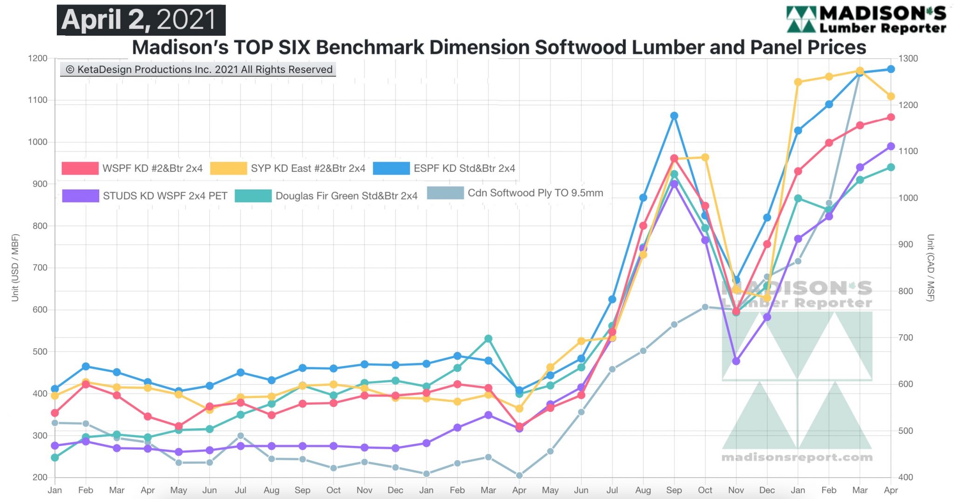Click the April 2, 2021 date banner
[x=141, y=20]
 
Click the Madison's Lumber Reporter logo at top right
[x=866, y=20]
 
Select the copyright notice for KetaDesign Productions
[x=198, y=70]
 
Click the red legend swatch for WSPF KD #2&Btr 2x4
[x=80, y=168]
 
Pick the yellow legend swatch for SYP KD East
[x=228, y=168]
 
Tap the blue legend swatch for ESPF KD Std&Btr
[x=391, y=168]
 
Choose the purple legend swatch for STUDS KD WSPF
[x=81, y=196]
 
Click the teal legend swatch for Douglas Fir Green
[x=253, y=196]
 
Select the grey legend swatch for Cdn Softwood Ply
[x=445, y=193]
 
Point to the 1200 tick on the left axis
[x=38, y=59]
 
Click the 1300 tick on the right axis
[x=908, y=59]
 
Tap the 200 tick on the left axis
[x=40, y=477]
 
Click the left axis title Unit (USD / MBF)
[x=15, y=268]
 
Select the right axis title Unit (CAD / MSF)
[x=930, y=268]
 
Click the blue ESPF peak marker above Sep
[x=674, y=116]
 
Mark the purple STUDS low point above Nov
[x=736, y=361]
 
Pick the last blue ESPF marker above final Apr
[x=891, y=69]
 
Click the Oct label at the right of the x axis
[x=705, y=490]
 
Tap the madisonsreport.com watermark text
[x=797, y=458]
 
